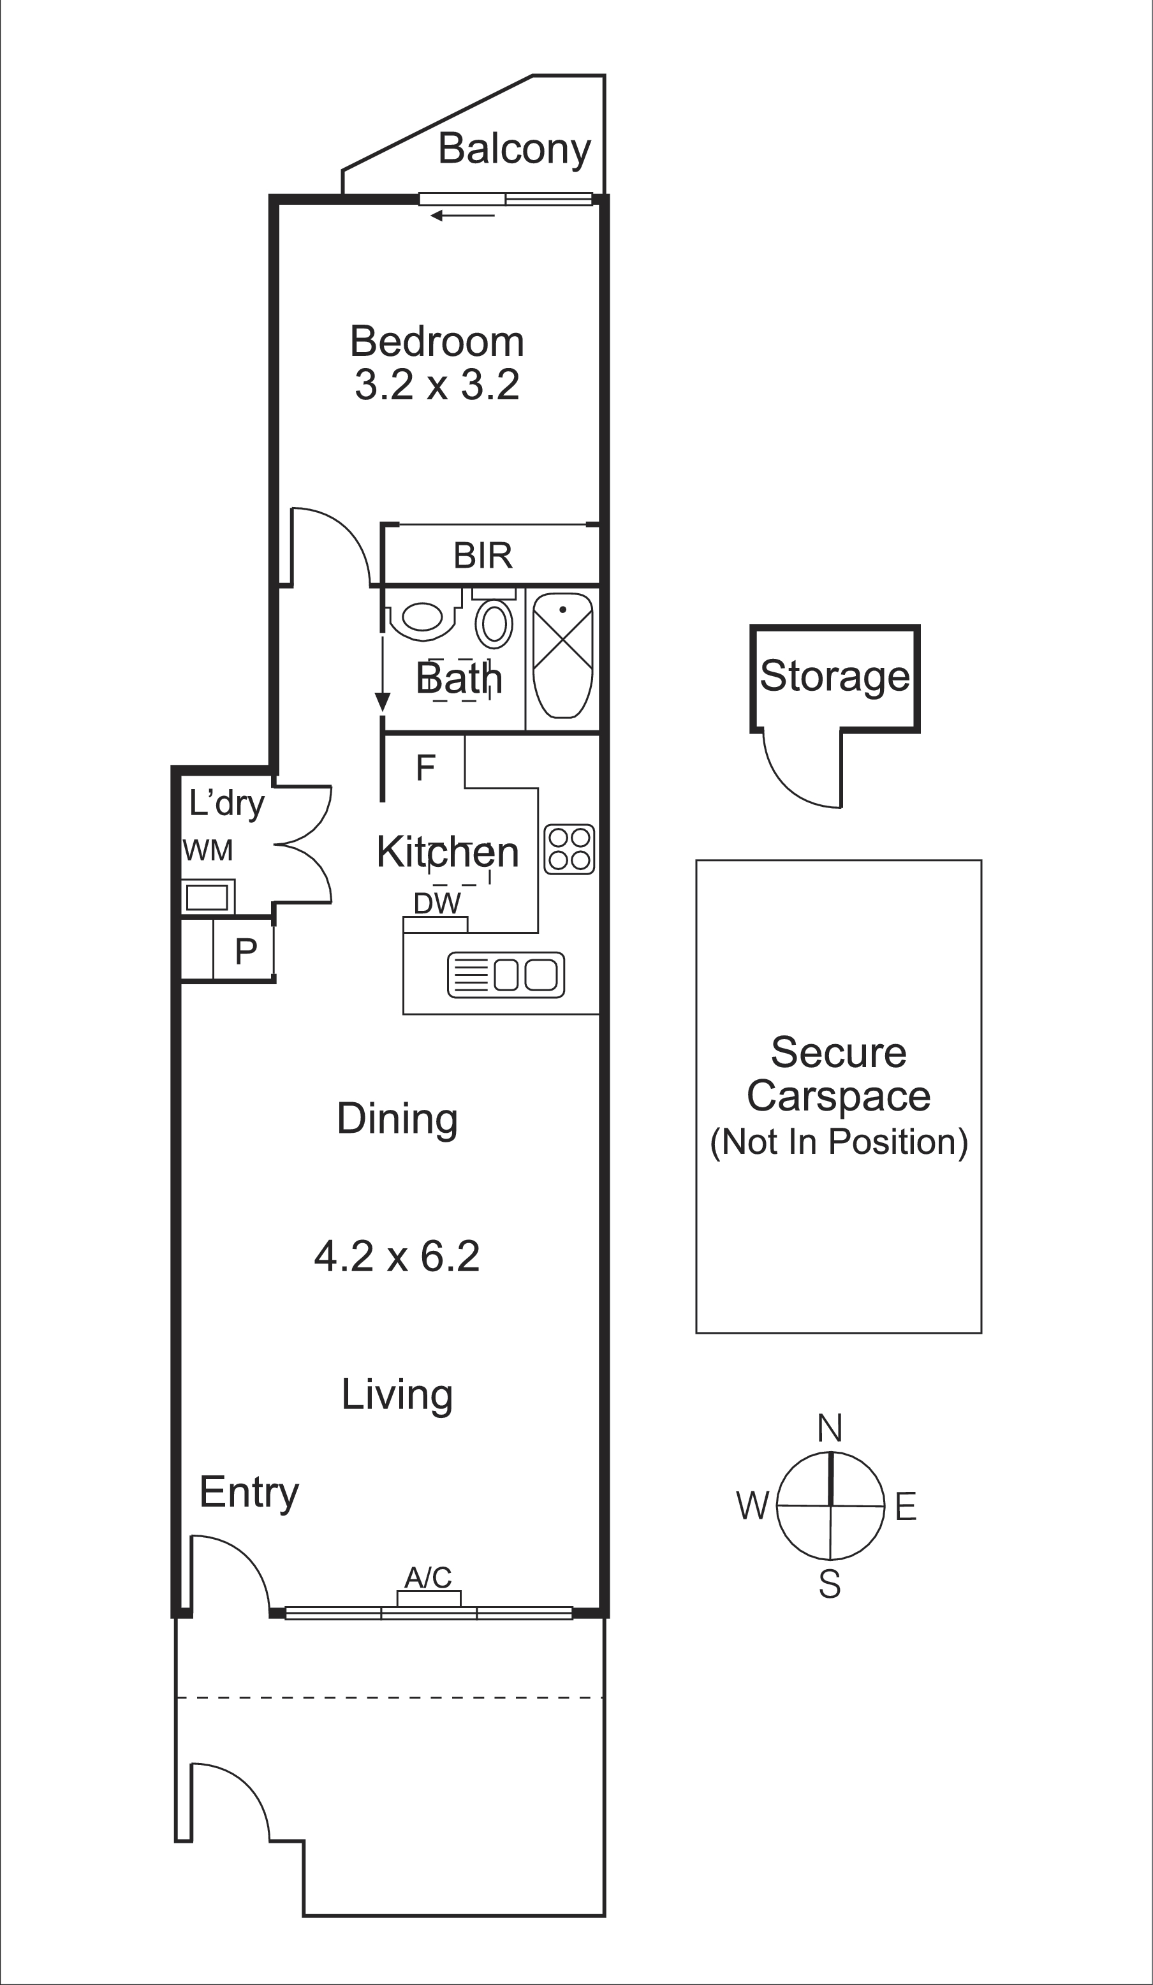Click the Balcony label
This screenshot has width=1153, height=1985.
[513, 149]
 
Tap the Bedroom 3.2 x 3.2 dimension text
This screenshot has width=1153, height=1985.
[437, 385]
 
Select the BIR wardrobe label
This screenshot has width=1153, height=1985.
[483, 556]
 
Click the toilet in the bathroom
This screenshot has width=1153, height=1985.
[422, 617]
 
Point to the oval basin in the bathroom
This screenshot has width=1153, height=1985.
[494, 624]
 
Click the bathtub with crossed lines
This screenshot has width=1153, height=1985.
[562, 654]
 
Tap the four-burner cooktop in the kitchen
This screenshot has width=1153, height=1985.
[569, 849]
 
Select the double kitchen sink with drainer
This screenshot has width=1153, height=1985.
[506, 975]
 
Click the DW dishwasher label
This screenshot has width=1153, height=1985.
[436, 903]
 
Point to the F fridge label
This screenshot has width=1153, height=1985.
[425, 767]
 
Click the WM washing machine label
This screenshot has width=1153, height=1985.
[208, 851]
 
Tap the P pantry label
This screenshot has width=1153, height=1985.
[246, 952]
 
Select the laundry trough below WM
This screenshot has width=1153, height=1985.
[207, 897]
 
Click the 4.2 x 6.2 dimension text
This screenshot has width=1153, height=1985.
[397, 1255]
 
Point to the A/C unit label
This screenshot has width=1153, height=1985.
[428, 1577]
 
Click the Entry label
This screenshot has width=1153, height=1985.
[249, 1492]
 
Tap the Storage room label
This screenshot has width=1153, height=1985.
[835, 676]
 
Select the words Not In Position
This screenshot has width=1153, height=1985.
[839, 1141]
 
